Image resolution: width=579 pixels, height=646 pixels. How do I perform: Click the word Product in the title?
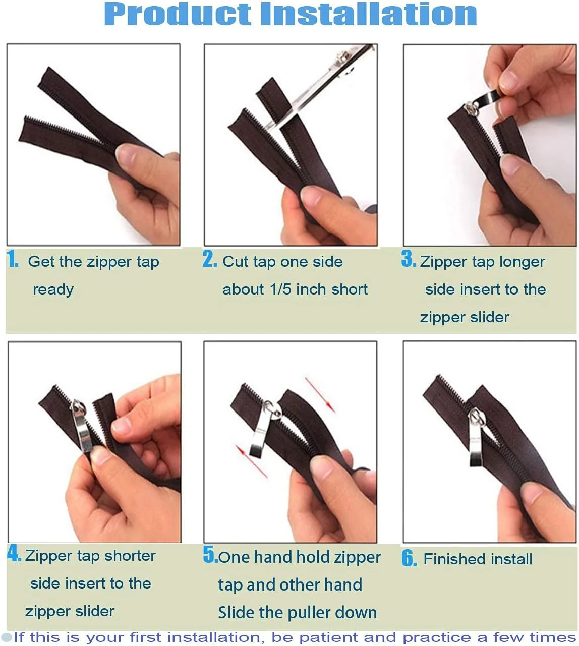click(x=178, y=14)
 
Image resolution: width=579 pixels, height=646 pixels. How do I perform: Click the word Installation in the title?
click(x=369, y=14)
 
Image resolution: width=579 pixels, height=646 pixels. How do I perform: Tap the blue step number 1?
click(x=13, y=259)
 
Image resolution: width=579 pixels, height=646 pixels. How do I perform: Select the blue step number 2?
click(x=210, y=259)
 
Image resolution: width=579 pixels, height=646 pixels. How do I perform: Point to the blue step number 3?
click(x=409, y=258)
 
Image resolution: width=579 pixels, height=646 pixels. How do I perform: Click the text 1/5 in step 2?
click(x=280, y=289)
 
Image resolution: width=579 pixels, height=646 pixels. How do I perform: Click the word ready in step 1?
click(x=53, y=290)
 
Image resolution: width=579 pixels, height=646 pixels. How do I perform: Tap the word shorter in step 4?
click(x=130, y=556)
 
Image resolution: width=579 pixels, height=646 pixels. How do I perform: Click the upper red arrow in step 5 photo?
click(x=320, y=395)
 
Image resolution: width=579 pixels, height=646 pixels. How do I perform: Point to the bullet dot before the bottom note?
click(x=7, y=637)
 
